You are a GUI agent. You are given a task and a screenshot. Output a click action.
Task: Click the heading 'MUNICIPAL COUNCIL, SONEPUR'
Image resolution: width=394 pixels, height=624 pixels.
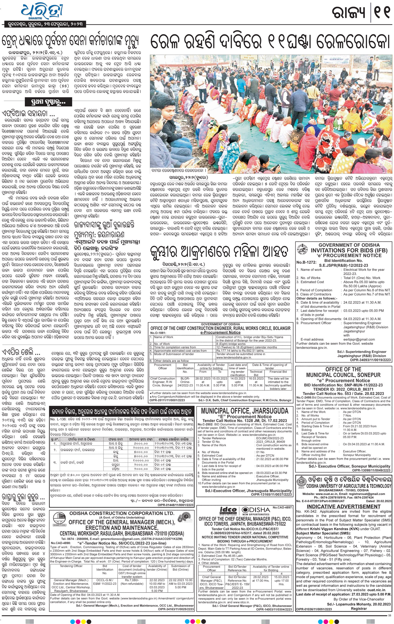[x=343, y=375]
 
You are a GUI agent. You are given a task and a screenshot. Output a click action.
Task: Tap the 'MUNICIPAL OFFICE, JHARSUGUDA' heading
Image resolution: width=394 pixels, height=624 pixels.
[x=245, y=411]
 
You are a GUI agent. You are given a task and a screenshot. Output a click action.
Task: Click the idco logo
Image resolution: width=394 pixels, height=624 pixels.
[x=228, y=510]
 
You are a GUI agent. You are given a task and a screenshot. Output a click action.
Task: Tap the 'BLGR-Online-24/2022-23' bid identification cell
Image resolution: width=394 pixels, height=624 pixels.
[x=185, y=382]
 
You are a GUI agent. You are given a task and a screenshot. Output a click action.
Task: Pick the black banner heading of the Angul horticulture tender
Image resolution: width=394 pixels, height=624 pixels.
[x=121, y=412]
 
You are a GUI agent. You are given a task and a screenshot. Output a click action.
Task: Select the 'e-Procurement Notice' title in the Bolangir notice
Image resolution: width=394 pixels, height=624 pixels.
[x=220, y=333]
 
